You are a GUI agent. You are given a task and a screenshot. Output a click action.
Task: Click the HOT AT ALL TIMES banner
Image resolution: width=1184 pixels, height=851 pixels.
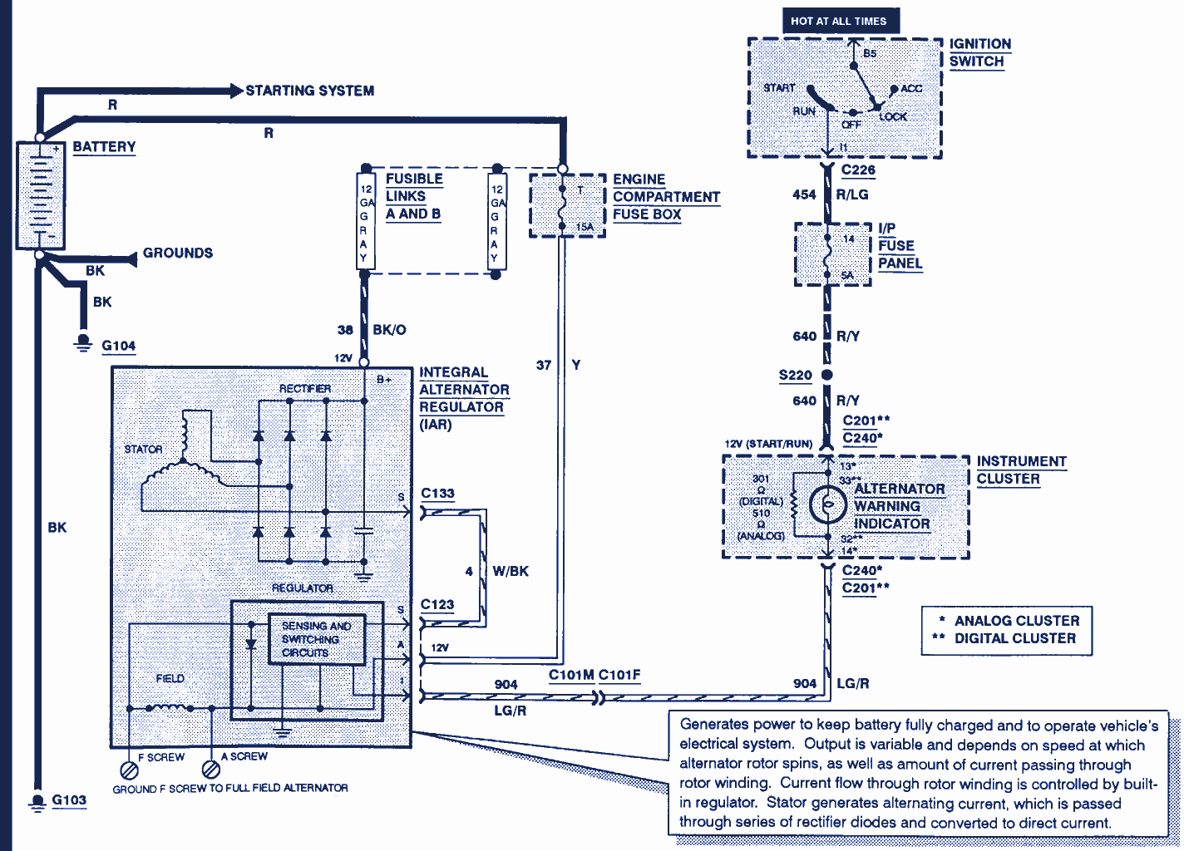coord(840,21)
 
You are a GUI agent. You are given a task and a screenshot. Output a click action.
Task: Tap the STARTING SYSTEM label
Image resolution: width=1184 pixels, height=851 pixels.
coord(309,91)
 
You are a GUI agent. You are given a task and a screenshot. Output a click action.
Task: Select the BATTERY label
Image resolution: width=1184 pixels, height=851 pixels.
coord(104,147)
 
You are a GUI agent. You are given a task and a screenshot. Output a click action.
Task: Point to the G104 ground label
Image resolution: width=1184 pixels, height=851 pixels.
coord(118,346)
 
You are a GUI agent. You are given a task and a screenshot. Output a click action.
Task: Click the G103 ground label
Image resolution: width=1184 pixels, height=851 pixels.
coord(69,800)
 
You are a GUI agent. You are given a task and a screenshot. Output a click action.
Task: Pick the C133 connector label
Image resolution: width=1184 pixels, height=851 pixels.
coord(437,494)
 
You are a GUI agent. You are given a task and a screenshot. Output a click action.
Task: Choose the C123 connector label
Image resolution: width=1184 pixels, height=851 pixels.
coord(437,605)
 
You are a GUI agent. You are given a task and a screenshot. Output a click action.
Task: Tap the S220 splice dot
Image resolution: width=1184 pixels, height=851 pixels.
coord(826,376)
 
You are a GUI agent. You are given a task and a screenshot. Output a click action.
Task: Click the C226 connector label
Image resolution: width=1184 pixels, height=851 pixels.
coord(858,170)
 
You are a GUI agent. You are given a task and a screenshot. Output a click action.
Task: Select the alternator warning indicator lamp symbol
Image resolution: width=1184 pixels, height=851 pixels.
coord(828,504)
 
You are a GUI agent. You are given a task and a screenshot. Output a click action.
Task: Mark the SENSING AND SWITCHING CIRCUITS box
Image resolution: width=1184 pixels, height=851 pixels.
coord(317,639)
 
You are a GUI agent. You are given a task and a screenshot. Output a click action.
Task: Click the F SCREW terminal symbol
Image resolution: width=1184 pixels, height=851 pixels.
coord(129,769)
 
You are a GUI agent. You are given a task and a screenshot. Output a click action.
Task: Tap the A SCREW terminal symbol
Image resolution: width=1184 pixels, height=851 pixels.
coord(211,769)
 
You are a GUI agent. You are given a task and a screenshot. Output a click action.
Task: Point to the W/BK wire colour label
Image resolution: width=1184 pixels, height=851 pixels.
coord(511,572)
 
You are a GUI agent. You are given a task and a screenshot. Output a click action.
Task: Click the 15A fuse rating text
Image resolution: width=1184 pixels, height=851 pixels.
coord(585,227)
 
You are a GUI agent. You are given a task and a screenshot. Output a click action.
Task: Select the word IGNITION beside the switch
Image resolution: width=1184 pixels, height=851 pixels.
coord(980,44)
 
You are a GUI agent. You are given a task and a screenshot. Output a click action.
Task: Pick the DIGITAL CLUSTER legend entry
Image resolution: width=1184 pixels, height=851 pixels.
coord(1014,638)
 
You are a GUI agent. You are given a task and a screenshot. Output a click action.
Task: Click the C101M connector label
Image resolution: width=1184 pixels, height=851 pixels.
coord(570,675)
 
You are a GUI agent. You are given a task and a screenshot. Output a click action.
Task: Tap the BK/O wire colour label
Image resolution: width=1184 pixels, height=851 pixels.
coord(389,330)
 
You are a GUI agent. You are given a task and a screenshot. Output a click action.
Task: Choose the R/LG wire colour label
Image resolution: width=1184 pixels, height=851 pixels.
coord(852,194)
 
